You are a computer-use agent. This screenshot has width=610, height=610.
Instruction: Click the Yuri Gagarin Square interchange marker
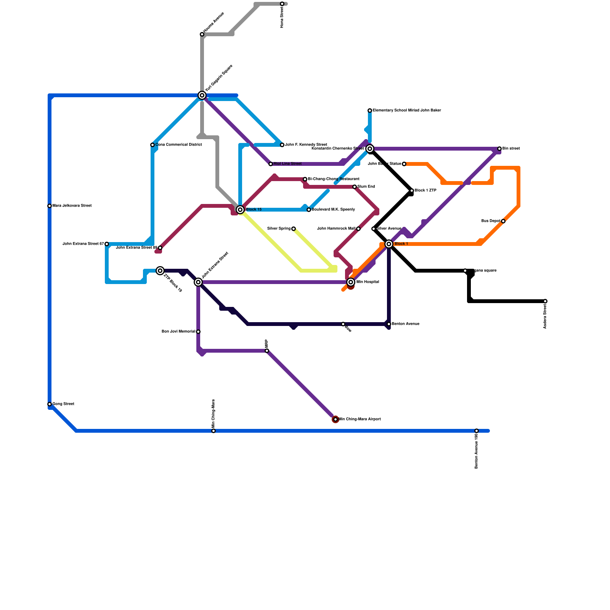(x=202, y=95)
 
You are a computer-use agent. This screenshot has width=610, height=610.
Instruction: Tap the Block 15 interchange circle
(x=240, y=210)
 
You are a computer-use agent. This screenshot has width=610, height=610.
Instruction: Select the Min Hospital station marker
(x=351, y=282)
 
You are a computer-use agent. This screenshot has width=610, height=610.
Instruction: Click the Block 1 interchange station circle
(x=389, y=244)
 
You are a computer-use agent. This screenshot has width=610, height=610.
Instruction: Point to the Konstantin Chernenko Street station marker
(x=370, y=149)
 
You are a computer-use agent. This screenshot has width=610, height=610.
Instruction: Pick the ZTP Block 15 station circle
(x=160, y=271)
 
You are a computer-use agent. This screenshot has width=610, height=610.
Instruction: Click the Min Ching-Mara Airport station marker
(x=335, y=419)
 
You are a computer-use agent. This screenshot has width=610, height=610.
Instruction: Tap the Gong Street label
(x=63, y=404)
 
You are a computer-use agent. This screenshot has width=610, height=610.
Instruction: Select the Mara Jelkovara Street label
(x=72, y=206)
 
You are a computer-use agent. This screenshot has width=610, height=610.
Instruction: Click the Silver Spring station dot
(x=294, y=229)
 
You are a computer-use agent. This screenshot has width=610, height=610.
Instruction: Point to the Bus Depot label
(x=491, y=221)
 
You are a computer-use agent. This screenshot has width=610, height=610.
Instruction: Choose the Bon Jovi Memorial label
(x=178, y=332)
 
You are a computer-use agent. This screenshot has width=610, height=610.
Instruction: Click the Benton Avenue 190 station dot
(x=477, y=431)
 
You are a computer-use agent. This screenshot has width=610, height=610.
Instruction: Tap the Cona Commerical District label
(x=179, y=145)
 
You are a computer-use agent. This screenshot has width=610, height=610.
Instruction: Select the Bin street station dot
(x=499, y=149)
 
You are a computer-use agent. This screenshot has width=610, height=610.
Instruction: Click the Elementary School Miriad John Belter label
(x=407, y=111)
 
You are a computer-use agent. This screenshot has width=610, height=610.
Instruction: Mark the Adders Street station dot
(x=545, y=301)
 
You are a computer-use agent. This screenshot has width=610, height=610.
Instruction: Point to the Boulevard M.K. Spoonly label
(x=334, y=210)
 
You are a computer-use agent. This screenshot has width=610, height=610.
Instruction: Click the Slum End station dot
(x=355, y=187)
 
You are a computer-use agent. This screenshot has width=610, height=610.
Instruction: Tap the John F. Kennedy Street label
(x=306, y=145)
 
